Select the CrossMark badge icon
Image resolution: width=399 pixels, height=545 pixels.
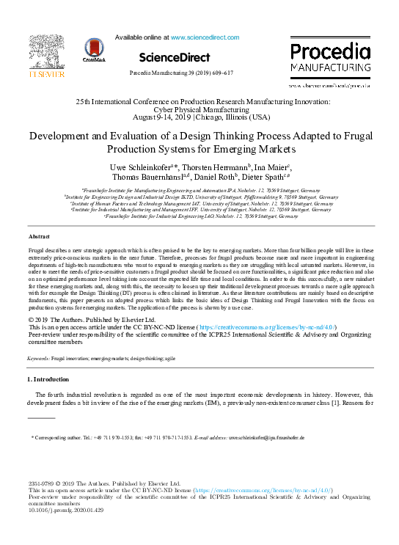point(95,50)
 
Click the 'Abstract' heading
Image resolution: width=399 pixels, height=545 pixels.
point(39,236)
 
